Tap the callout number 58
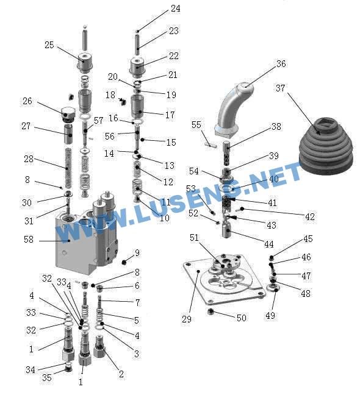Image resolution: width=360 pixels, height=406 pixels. point(29,240)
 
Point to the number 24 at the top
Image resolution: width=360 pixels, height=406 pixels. point(176,9)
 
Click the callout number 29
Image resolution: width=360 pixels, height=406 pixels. point(187,319)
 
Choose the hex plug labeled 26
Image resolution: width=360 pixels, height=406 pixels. point(68,114)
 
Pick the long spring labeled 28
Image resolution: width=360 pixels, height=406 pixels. point(68,168)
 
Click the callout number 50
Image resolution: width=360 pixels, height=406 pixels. point(242,318)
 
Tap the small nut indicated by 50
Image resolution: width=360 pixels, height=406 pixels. point(211,312)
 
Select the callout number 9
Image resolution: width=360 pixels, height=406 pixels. point(137,253)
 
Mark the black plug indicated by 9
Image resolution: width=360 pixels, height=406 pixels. point(124,262)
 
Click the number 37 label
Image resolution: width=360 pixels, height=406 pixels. point(280,88)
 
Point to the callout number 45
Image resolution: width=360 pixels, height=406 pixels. point(308,239)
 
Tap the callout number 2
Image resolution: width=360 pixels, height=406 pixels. point(121,374)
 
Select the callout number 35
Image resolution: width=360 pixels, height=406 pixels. point(46,377)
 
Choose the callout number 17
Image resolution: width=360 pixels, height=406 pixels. point(170,115)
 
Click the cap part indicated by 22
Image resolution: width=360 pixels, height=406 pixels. point(137,67)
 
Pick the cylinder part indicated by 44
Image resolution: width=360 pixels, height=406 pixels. point(226,230)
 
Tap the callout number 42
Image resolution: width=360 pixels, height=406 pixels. point(310,217)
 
